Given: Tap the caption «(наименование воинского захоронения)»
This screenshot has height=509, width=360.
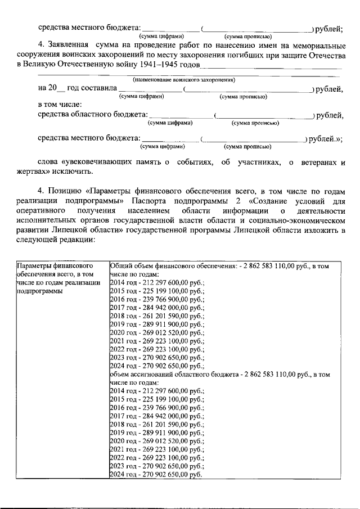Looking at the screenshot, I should tap(183, 80).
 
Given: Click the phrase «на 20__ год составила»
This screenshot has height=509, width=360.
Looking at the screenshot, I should tap(78, 89).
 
